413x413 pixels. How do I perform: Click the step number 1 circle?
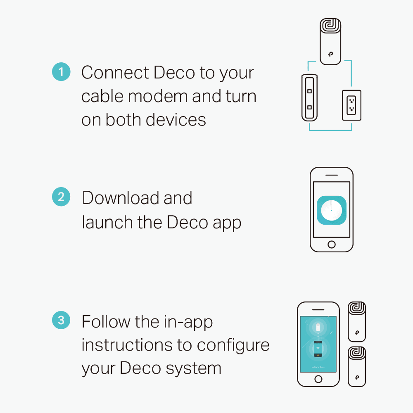(x=61, y=71)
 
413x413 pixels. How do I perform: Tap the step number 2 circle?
(x=61, y=197)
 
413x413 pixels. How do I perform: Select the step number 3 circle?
(x=61, y=320)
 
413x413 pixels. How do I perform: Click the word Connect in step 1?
(x=115, y=72)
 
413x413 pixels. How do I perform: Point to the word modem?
(x=158, y=96)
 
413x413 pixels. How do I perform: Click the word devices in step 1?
(x=176, y=120)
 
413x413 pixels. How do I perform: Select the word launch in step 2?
(x=107, y=222)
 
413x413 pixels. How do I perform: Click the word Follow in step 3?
(x=106, y=321)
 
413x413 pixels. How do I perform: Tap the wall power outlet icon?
(x=351, y=105)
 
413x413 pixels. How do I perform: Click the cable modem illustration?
(x=309, y=98)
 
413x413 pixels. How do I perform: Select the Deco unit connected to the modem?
(x=330, y=41)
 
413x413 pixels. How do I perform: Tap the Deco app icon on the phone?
(x=331, y=210)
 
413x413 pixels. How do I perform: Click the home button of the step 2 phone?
(x=332, y=244)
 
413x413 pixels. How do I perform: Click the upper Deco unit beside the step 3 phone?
(x=357, y=322)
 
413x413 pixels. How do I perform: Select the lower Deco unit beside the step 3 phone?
(x=357, y=366)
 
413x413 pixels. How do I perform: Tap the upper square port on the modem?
(x=309, y=91)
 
